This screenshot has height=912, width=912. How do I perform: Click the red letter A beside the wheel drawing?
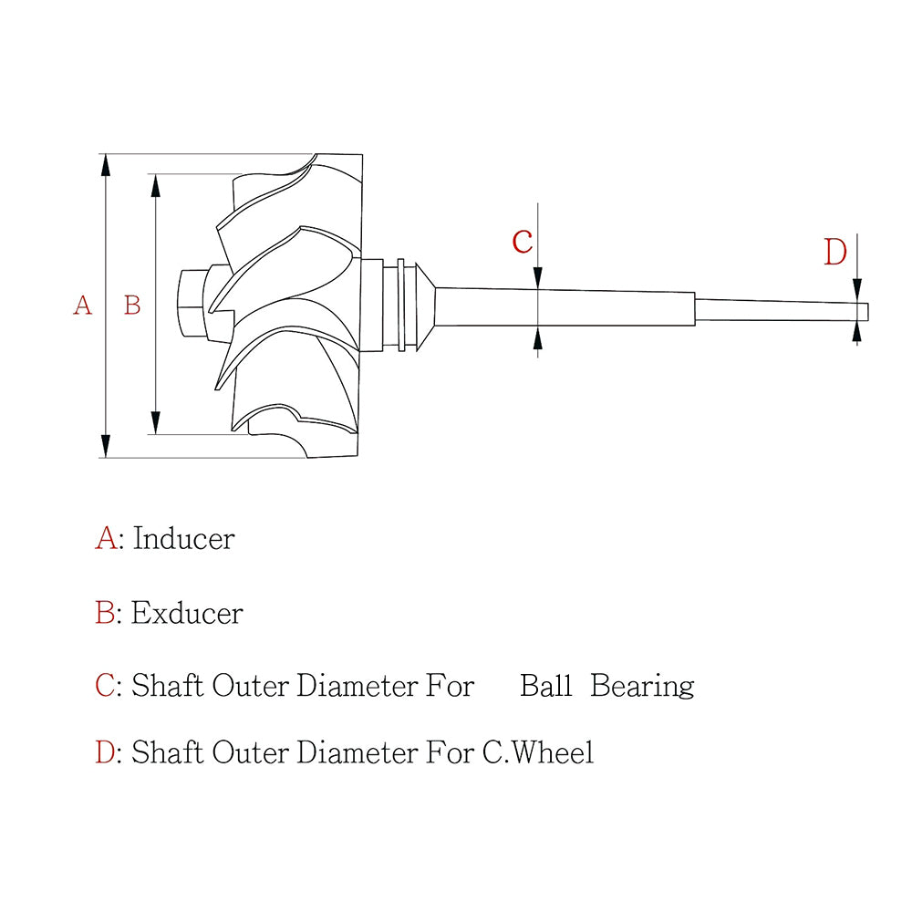coord(83,306)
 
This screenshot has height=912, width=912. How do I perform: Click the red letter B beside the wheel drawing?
coord(132,306)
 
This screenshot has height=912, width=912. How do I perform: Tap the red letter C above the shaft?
coord(523,242)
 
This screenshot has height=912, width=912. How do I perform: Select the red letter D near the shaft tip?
coord(835,253)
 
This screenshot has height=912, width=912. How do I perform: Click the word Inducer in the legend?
coord(184,539)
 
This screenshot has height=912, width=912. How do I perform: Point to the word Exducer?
coord(187,613)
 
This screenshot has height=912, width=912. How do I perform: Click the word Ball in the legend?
coord(545,686)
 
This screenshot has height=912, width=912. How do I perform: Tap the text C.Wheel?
coord(538,752)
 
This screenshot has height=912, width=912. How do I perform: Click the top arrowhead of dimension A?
coord(105,165)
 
